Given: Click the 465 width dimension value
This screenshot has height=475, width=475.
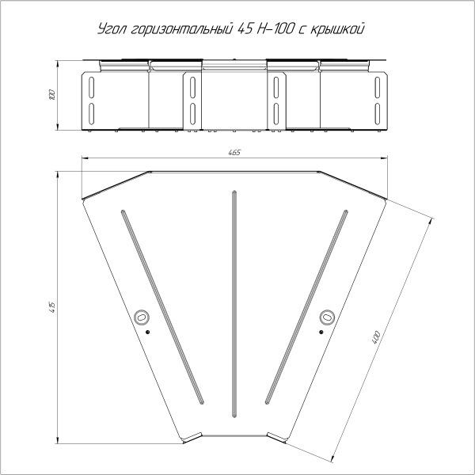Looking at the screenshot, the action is [234, 152].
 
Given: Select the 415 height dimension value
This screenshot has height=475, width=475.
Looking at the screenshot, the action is [52, 307].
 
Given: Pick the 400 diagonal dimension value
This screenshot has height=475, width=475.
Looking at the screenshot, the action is [376, 337].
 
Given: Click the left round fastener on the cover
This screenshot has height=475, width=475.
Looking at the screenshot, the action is [141, 317].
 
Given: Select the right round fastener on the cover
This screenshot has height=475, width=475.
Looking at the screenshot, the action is [327, 317].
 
